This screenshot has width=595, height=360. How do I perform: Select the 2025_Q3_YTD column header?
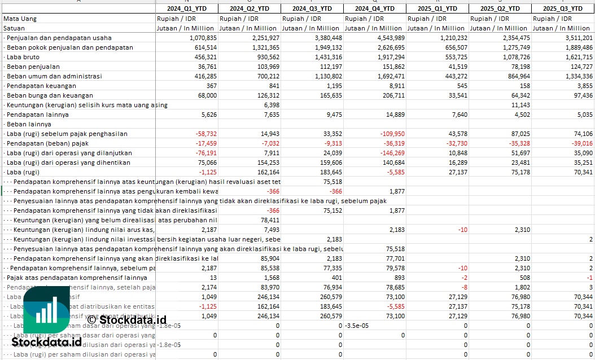[562, 8]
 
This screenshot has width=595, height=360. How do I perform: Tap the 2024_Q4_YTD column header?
[375, 8]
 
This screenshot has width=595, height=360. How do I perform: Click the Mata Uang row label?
[20, 19]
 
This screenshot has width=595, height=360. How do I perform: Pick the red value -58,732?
[205, 134]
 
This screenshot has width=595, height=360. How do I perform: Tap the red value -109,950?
[391, 134]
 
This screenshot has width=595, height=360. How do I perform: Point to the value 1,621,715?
[577, 57]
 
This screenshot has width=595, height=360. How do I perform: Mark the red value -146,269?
[391, 153]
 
